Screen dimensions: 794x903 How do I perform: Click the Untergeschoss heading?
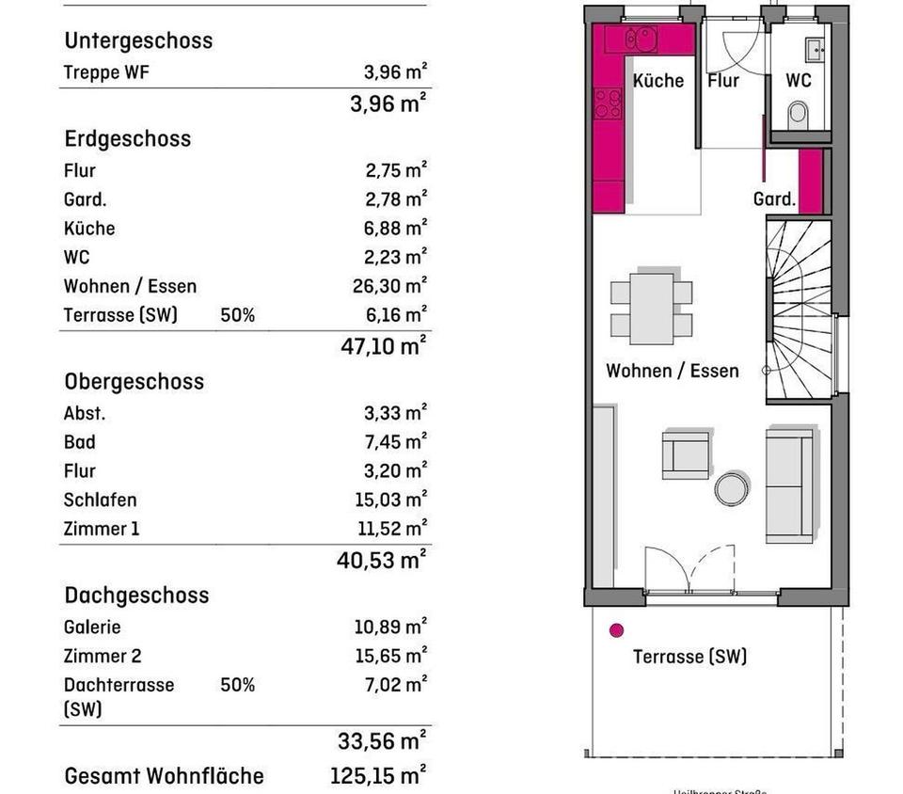click(x=137, y=40)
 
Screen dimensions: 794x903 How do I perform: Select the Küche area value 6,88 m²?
click(x=395, y=228)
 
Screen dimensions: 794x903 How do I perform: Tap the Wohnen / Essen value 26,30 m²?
click(x=389, y=285)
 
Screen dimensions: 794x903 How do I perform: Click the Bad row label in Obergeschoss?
click(x=80, y=441)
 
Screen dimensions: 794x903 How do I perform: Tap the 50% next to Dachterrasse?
click(x=237, y=685)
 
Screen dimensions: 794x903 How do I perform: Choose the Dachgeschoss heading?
click(x=136, y=595)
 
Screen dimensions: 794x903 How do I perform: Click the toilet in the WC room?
click(x=799, y=114)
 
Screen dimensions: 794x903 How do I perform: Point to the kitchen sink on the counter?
click(x=642, y=40)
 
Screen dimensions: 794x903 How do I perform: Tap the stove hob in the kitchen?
click(x=608, y=103)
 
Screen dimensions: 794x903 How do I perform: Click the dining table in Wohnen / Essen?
click(x=651, y=309)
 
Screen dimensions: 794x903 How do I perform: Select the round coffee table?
click(x=731, y=488)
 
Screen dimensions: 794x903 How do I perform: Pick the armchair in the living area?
click(x=686, y=455)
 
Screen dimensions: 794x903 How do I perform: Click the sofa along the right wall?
click(x=789, y=484)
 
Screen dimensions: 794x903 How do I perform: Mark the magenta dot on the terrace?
click(x=617, y=631)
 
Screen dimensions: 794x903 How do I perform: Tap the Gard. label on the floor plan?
click(x=774, y=199)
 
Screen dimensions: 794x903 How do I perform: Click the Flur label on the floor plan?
click(x=723, y=81)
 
